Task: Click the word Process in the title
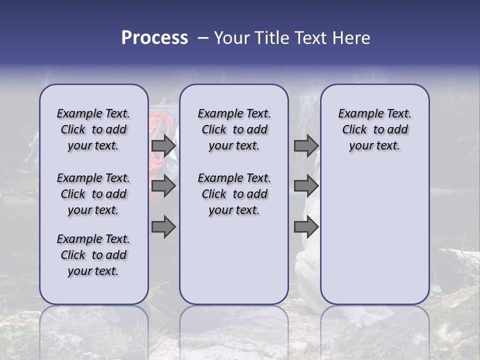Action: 154,38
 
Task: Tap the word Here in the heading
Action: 352,38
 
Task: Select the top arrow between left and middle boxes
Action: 163,145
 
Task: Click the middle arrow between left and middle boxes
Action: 163,186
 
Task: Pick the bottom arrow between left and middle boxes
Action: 163,227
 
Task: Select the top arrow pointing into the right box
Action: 306,145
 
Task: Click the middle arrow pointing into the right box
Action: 306,186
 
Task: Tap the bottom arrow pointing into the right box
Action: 306,227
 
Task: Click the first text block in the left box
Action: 93,129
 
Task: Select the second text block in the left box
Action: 93,194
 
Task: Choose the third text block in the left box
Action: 93,255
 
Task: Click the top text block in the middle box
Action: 234,129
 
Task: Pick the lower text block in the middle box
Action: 234,194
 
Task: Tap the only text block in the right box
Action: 374,129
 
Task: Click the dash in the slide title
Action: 202,38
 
